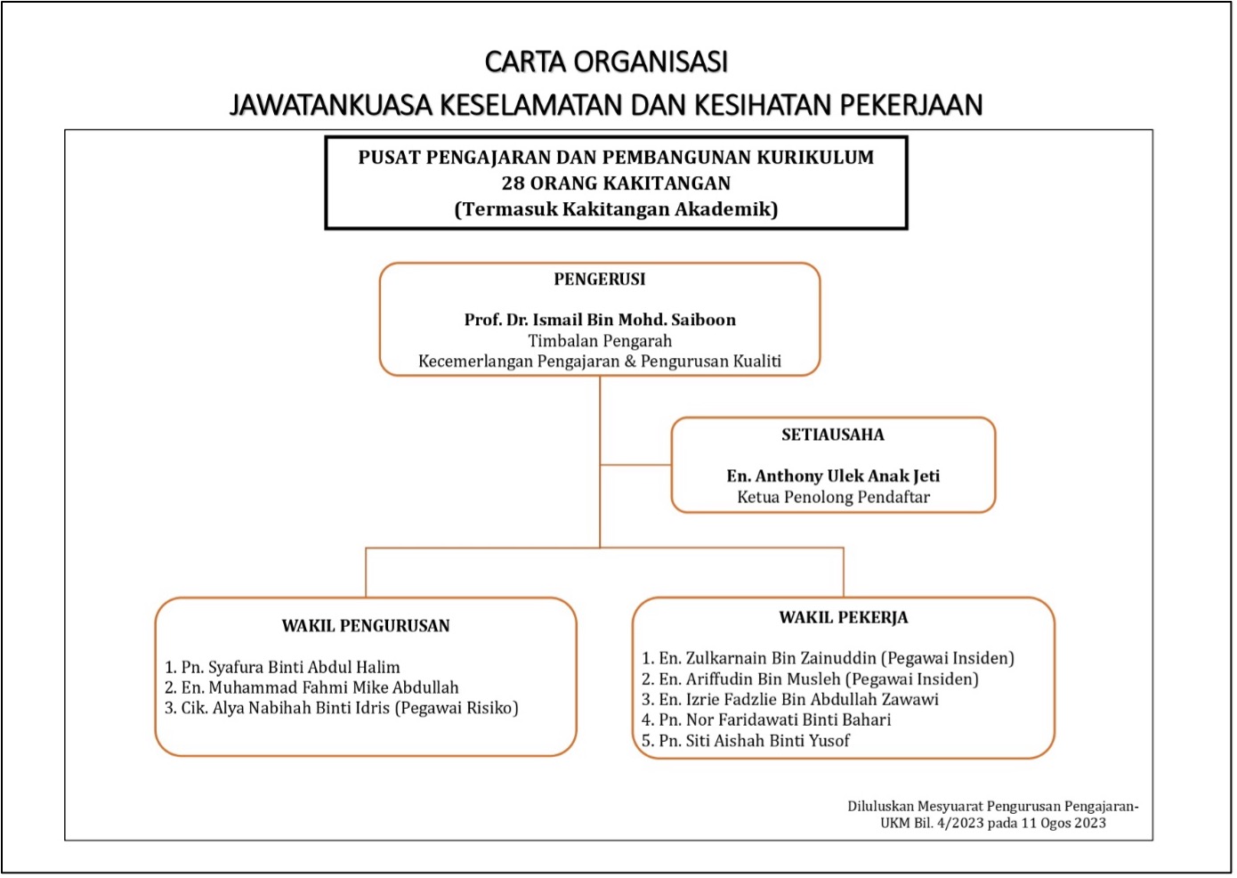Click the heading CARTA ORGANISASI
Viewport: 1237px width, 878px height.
[x=606, y=61]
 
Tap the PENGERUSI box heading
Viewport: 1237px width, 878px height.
[x=599, y=280]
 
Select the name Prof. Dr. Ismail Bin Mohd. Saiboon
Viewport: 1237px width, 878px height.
[x=599, y=320]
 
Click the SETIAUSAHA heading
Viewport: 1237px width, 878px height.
[x=832, y=435]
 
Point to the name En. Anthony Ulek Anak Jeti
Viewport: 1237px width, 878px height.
[x=832, y=476]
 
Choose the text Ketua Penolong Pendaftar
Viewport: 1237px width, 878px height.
[x=832, y=498]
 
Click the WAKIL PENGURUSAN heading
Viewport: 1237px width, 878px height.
[x=365, y=626]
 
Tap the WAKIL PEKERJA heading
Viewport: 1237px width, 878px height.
[x=843, y=618]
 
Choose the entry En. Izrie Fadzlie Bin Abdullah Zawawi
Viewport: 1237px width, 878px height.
[x=798, y=699]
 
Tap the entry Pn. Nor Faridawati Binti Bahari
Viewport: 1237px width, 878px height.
[x=774, y=719]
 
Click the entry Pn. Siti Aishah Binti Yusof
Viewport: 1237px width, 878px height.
[x=754, y=740]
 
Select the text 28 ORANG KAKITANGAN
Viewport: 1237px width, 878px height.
[x=616, y=183]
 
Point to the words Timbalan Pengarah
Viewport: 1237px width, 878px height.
[x=599, y=341]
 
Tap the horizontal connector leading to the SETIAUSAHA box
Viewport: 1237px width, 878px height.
[x=635, y=465]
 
